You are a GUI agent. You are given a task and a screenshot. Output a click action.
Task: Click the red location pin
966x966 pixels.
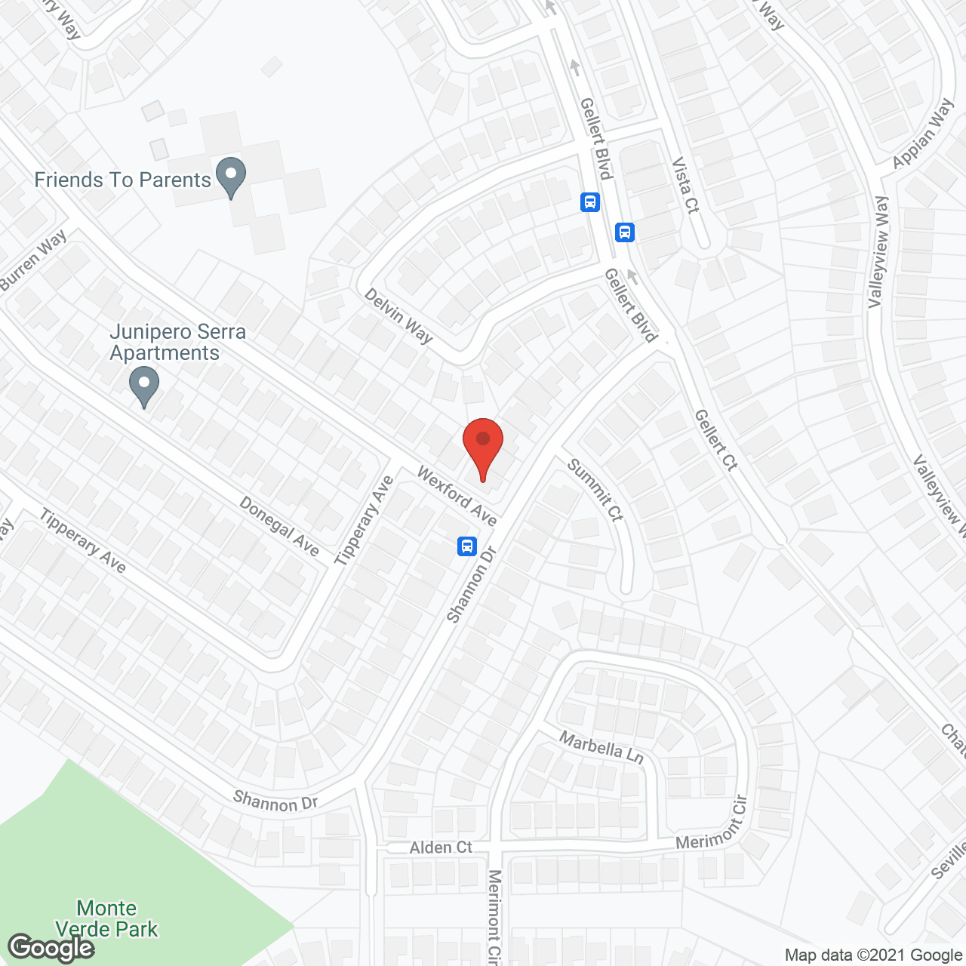(x=483, y=445)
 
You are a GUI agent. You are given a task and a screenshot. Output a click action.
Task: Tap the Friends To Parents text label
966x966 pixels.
(x=122, y=180)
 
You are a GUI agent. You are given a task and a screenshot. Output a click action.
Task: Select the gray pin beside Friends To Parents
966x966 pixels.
(x=231, y=177)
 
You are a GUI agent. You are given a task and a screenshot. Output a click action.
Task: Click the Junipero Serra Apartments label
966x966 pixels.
(x=177, y=342)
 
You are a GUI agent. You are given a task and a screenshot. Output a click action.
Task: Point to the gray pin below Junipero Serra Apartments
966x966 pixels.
(x=143, y=386)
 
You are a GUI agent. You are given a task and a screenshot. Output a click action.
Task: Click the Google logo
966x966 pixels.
(x=51, y=947)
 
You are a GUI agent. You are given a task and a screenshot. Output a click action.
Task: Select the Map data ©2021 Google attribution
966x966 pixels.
(x=873, y=955)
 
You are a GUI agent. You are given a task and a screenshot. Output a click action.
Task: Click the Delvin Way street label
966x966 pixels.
(x=398, y=315)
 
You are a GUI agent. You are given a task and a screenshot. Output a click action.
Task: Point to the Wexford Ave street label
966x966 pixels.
(x=457, y=496)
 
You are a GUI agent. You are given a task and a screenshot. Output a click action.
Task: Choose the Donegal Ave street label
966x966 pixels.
(x=279, y=525)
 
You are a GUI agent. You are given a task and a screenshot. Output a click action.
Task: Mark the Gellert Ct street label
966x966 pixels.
(x=715, y=440)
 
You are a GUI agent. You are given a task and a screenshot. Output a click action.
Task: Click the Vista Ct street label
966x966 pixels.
(x=685, y=185)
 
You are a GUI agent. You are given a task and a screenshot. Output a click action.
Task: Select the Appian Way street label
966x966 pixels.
(x=922, y=134)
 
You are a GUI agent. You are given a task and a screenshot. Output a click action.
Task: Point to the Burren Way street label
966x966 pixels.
(x=34, y=260)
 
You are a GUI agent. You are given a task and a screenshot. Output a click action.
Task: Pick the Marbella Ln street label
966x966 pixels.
(x=601, y=746)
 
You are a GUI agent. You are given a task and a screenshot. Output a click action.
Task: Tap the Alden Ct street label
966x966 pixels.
(x=441, y=848)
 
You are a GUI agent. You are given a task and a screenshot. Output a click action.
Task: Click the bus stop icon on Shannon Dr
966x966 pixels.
(x=468, y=545)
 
